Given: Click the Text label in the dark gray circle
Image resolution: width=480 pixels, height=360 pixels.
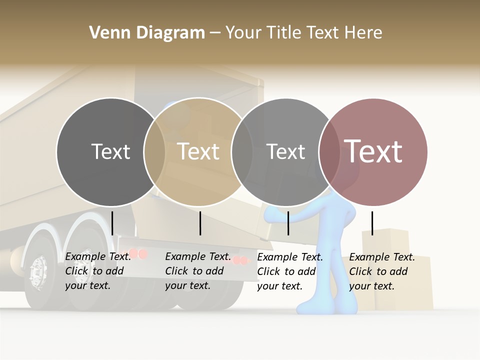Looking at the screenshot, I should tap(110, 151).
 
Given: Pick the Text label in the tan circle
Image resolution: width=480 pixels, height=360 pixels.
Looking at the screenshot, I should tap(198, 151).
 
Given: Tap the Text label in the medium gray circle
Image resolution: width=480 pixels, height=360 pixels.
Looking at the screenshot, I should tap(285, 151).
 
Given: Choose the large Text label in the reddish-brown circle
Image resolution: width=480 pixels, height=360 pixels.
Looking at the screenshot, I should tap(373, 151).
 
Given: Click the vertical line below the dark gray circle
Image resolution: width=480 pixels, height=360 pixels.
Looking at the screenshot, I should tap(112, 223).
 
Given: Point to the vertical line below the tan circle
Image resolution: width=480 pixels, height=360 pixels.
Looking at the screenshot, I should tap(200, 223).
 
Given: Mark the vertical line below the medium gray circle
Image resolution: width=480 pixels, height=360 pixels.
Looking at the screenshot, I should tap(288, 223).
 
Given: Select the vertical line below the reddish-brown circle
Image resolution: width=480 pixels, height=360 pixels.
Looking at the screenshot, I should tap(372, 223).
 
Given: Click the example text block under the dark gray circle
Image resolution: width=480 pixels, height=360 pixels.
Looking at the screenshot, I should tap(97, 271).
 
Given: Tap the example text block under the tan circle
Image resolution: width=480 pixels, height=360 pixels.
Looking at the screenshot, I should tap(197, 271).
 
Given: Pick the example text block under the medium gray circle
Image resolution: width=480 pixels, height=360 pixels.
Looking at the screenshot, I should tap(289, 271).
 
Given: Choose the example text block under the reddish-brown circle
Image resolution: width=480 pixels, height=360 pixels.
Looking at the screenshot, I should tap(381, 271).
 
